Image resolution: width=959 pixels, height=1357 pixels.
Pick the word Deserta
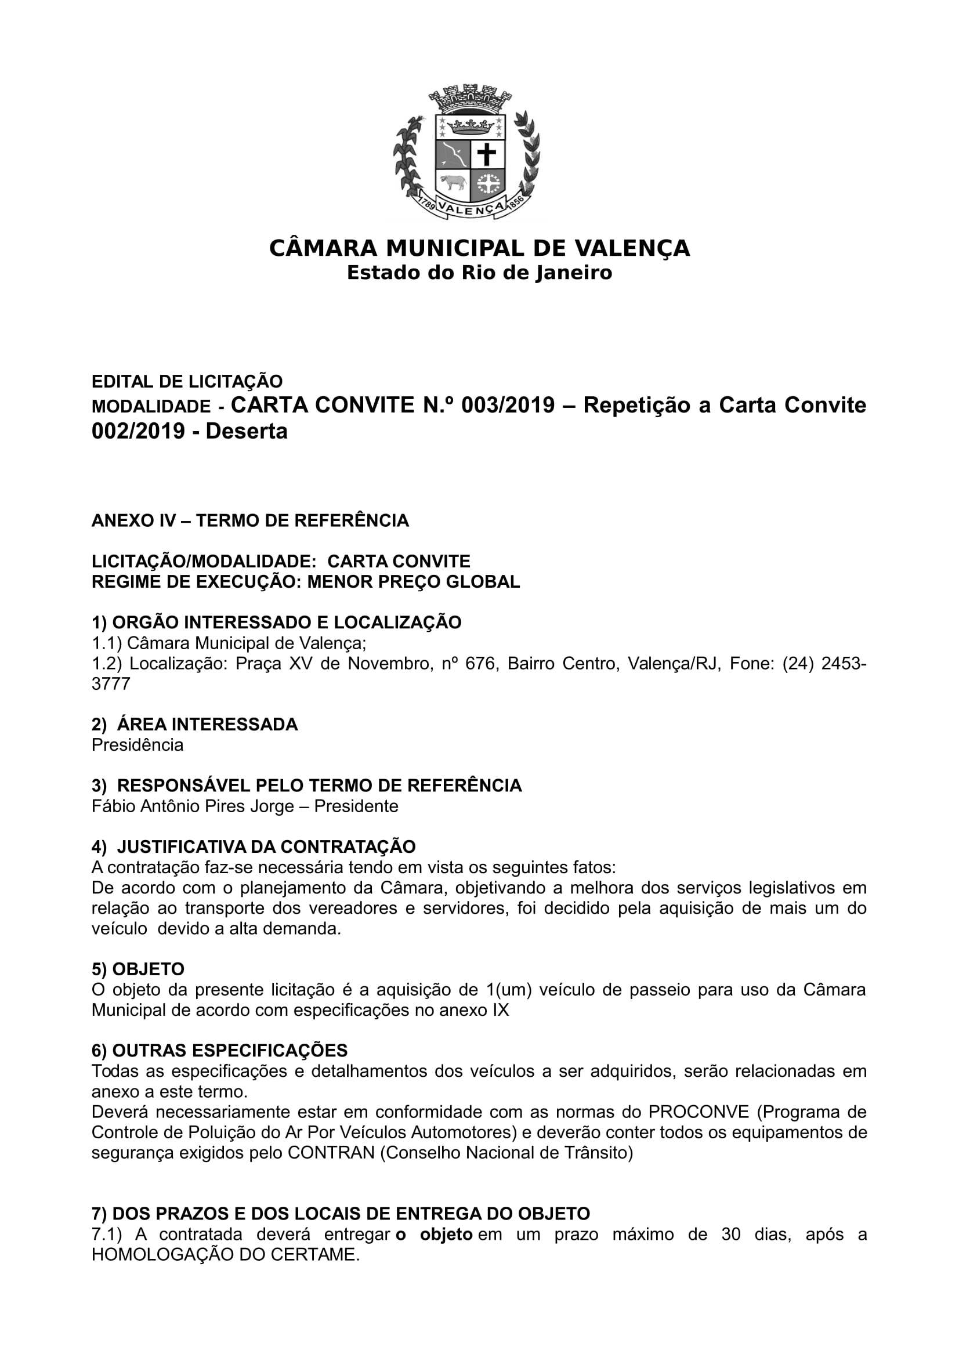(x=247, y=432)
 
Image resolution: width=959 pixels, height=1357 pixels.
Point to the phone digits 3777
(x=110, y=684)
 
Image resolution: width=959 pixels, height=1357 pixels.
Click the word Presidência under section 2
(x=137, y=745)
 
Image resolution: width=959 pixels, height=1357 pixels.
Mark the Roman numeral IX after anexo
(x=500, y=1009)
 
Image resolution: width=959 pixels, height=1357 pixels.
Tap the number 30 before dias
(x=731, y=1235)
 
